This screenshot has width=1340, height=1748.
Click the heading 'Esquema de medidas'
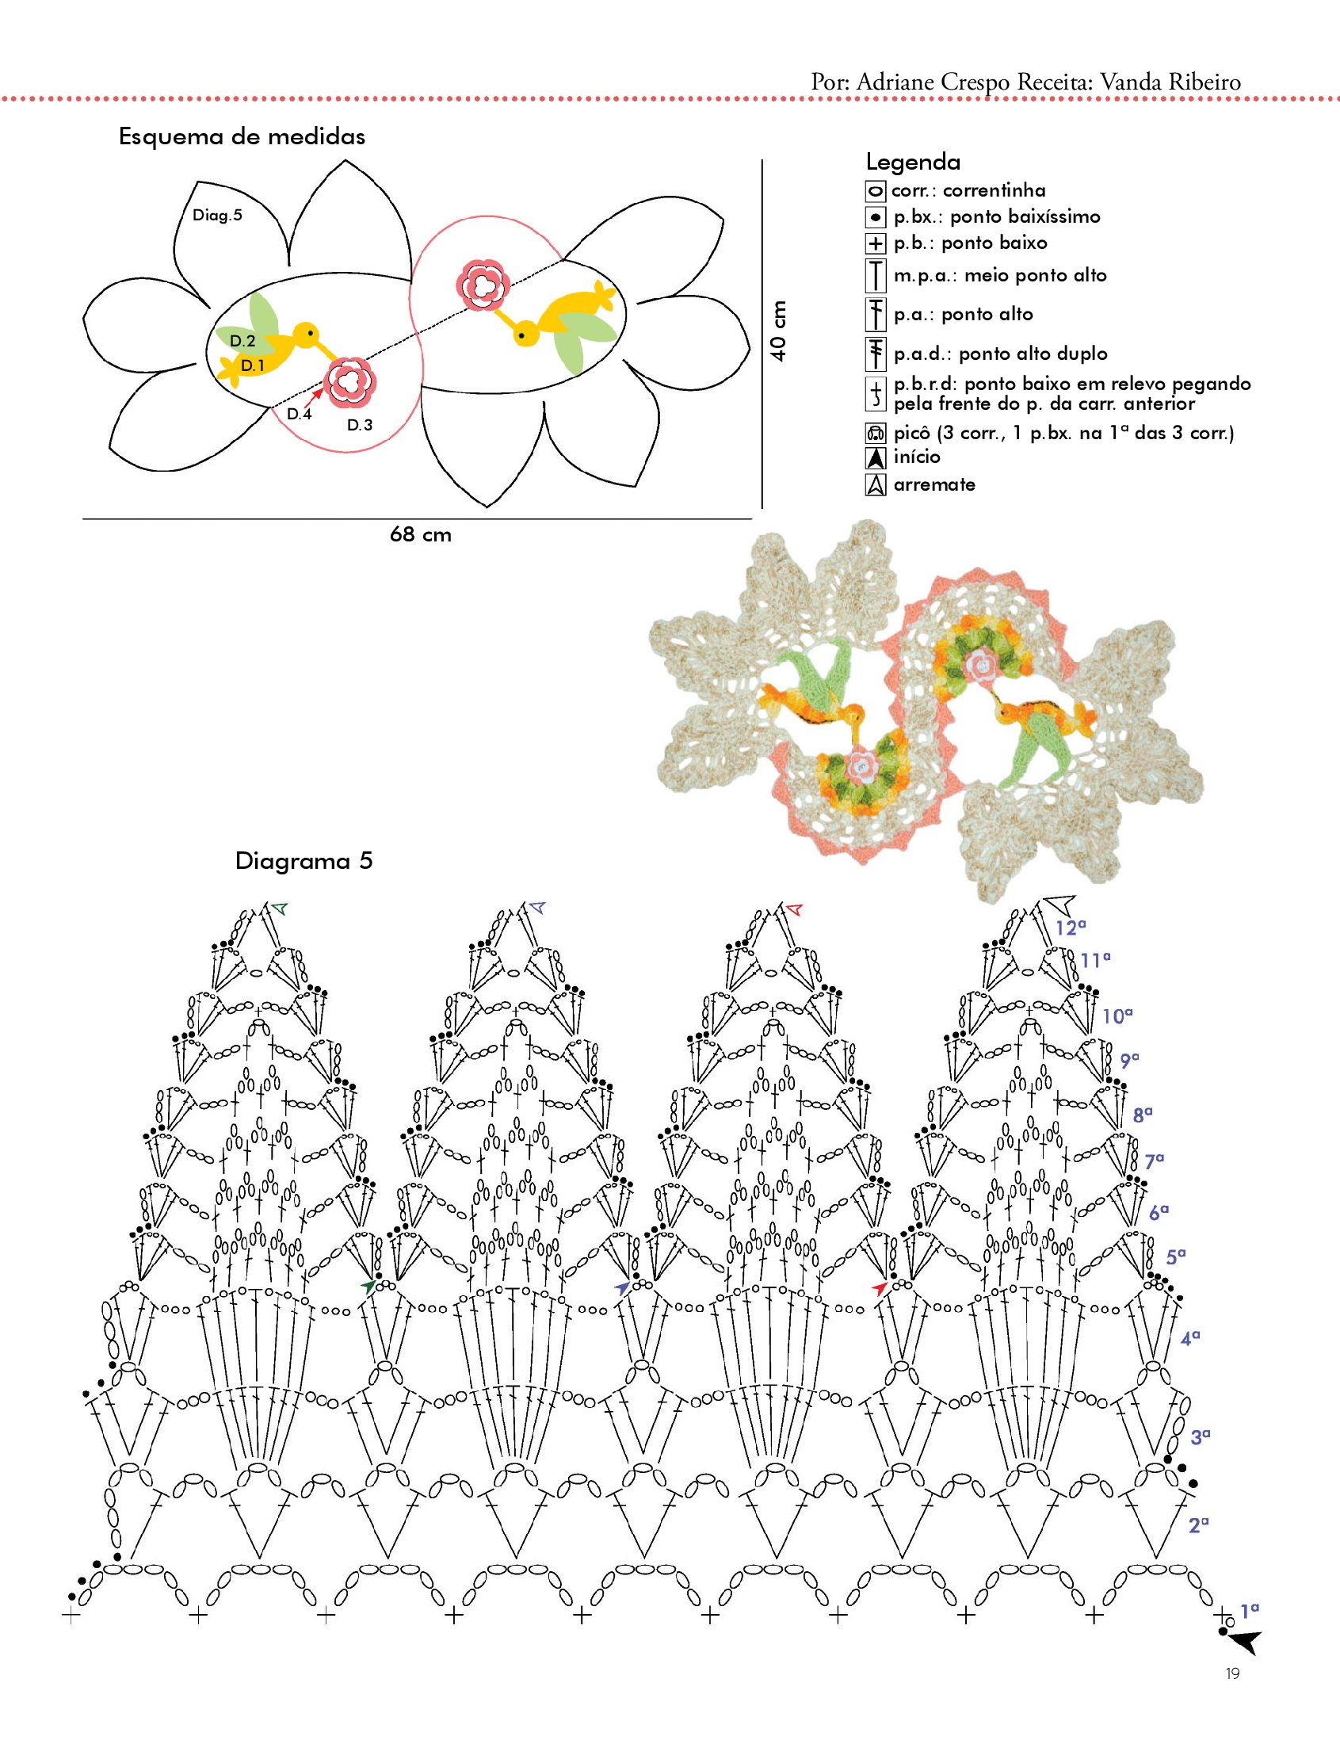(242, 136)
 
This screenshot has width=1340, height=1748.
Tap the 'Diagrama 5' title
(304, 862)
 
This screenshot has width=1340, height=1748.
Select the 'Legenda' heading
(912, 163)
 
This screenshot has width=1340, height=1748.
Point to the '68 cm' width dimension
(420, 534)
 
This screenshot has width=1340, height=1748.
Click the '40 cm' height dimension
(778, 331)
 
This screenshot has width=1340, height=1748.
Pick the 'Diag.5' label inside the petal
(217, 216)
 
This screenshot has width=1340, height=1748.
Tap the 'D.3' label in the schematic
(360, 425)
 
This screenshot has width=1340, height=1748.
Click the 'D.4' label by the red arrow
(299, 414)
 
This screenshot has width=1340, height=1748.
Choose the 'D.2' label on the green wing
(242, 342)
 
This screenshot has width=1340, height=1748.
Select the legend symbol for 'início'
(875, 459)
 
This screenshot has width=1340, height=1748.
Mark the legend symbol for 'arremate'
(875, 485)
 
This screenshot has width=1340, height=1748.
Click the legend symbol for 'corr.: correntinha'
(875, 192)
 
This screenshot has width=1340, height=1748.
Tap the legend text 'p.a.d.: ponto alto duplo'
(1000, 354)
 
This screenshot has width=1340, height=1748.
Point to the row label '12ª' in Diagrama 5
(1071, 928)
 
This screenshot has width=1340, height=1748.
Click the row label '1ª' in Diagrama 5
(1250, 1610)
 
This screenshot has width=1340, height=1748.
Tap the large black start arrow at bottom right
(1244, 1642)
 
